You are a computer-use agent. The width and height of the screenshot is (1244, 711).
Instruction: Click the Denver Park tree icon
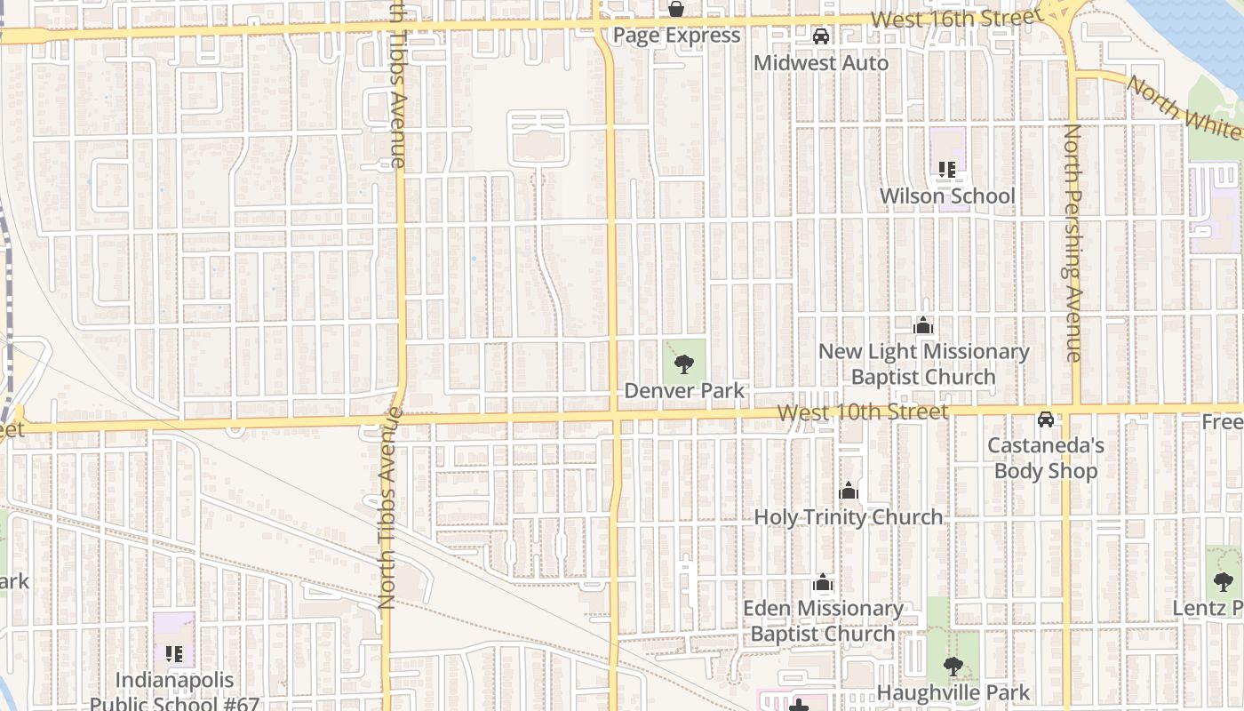click(683, 363)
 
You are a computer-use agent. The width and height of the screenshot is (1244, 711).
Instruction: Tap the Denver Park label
click(684, 390)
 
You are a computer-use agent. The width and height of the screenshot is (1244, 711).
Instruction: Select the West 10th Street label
click(862, 412)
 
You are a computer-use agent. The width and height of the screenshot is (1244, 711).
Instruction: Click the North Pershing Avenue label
click(1073, 243)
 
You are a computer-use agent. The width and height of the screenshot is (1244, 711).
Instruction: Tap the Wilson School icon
click(946, 169)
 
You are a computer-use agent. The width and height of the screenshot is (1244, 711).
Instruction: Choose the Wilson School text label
click(947, 196)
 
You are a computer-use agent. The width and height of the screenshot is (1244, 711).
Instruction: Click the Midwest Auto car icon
click(821, 36)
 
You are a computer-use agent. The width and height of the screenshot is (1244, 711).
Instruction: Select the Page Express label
click(677, 36)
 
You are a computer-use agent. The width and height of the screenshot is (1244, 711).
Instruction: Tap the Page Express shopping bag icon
click(676, 9)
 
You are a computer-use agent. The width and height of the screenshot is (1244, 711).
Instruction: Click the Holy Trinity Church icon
click(849, 491)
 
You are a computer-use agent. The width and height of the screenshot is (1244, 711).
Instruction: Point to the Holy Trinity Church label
click(849, 516)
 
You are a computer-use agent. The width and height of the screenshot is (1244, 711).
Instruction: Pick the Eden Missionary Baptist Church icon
click(823, 583)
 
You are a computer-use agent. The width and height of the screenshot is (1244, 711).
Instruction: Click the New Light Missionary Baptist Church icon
click(923, 326)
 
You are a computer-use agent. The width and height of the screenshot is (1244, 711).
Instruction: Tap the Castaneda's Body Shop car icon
click(1046, 419)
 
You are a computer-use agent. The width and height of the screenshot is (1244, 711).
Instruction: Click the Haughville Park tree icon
click(953, 666)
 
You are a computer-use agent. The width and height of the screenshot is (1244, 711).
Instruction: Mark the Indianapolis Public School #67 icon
click(174, 655)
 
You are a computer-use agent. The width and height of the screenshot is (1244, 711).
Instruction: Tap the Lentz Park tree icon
click(1223, 582)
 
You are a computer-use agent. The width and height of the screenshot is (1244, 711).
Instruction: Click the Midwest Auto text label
click(821, 63)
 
